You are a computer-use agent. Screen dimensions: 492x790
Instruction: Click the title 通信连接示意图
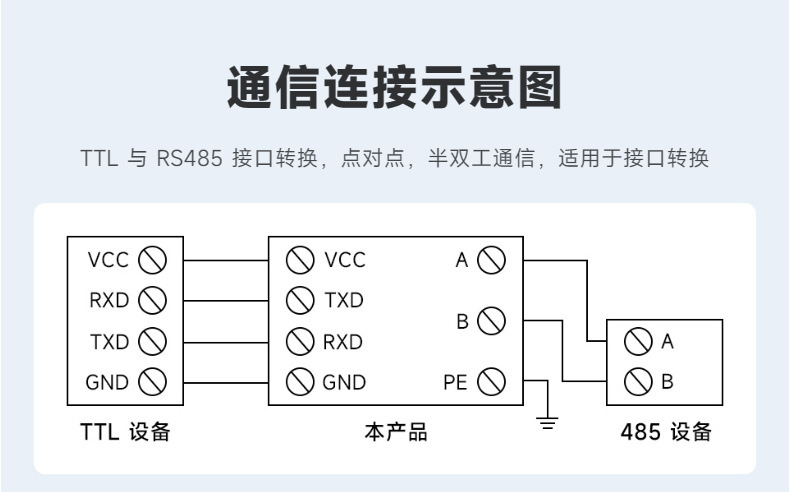point(394,88)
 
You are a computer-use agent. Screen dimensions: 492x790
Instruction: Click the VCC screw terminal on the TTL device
point(151,260)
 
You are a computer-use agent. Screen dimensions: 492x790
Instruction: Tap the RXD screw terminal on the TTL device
point(151,300)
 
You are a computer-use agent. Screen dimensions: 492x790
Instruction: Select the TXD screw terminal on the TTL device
point(151,341)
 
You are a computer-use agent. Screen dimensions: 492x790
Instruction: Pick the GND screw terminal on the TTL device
point(151,381)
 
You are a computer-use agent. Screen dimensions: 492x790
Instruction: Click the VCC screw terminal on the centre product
point(300,260)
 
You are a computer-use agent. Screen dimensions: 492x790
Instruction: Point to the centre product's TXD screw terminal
point(300,300)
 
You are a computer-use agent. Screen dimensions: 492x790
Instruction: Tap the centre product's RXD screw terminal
point(300,341)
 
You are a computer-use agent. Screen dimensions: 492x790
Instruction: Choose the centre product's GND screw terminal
point(300,381)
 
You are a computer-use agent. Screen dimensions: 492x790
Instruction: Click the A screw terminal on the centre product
point(491,260)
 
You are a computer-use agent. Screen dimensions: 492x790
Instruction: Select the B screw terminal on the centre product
point(491,321)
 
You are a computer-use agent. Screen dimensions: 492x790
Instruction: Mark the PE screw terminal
point(491,381)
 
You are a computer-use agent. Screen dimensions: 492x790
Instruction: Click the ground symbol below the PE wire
point(547,421)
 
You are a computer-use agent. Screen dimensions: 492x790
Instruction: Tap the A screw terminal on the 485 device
point(639,341)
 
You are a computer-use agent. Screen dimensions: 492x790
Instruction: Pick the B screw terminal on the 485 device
point(639,381)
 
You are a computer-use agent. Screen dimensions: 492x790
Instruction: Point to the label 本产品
point(395,433)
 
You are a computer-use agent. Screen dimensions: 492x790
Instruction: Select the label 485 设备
point(666,433)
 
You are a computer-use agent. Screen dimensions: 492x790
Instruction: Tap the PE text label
point(455,382)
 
